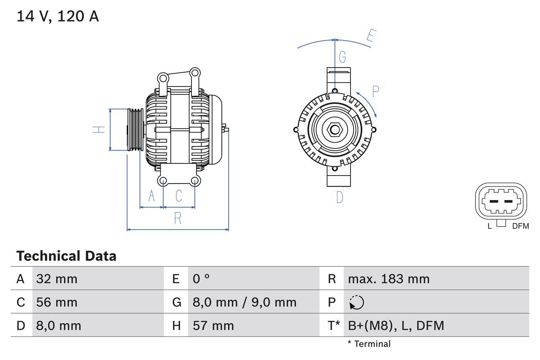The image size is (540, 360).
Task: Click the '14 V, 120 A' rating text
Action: click(x=58, y=16)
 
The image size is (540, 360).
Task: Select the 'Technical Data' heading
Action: click(x=66, y=256)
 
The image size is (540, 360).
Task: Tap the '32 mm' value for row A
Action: click(x=57, y=279)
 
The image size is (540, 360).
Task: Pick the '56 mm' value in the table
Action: click(x=57, y=302)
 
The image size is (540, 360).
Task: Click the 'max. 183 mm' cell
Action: click(x=389, y=279)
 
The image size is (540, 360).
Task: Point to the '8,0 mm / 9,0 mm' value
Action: click(x=245, y=302)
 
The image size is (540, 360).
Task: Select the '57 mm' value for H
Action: click(x=213, y=325)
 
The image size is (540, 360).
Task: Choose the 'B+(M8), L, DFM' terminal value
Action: click(x=396, y=325)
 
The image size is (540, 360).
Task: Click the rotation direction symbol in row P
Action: click(x=356, y=303)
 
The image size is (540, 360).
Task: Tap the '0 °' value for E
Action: click(x=201, y=279)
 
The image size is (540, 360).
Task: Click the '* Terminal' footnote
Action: click(x=369, y=344)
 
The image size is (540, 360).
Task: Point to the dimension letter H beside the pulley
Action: click(x=99, y=130)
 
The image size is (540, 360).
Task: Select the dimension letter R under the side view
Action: click(x=178, y=218)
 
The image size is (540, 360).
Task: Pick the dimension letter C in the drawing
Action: click(x=179, y=196)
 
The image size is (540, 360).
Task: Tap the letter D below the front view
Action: click(x=340, y=197)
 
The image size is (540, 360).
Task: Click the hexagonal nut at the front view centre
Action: click(x=335, y=130)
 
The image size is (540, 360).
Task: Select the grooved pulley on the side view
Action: click(x=135, y=129)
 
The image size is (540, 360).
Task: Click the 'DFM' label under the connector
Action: click(x=520, y=226)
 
